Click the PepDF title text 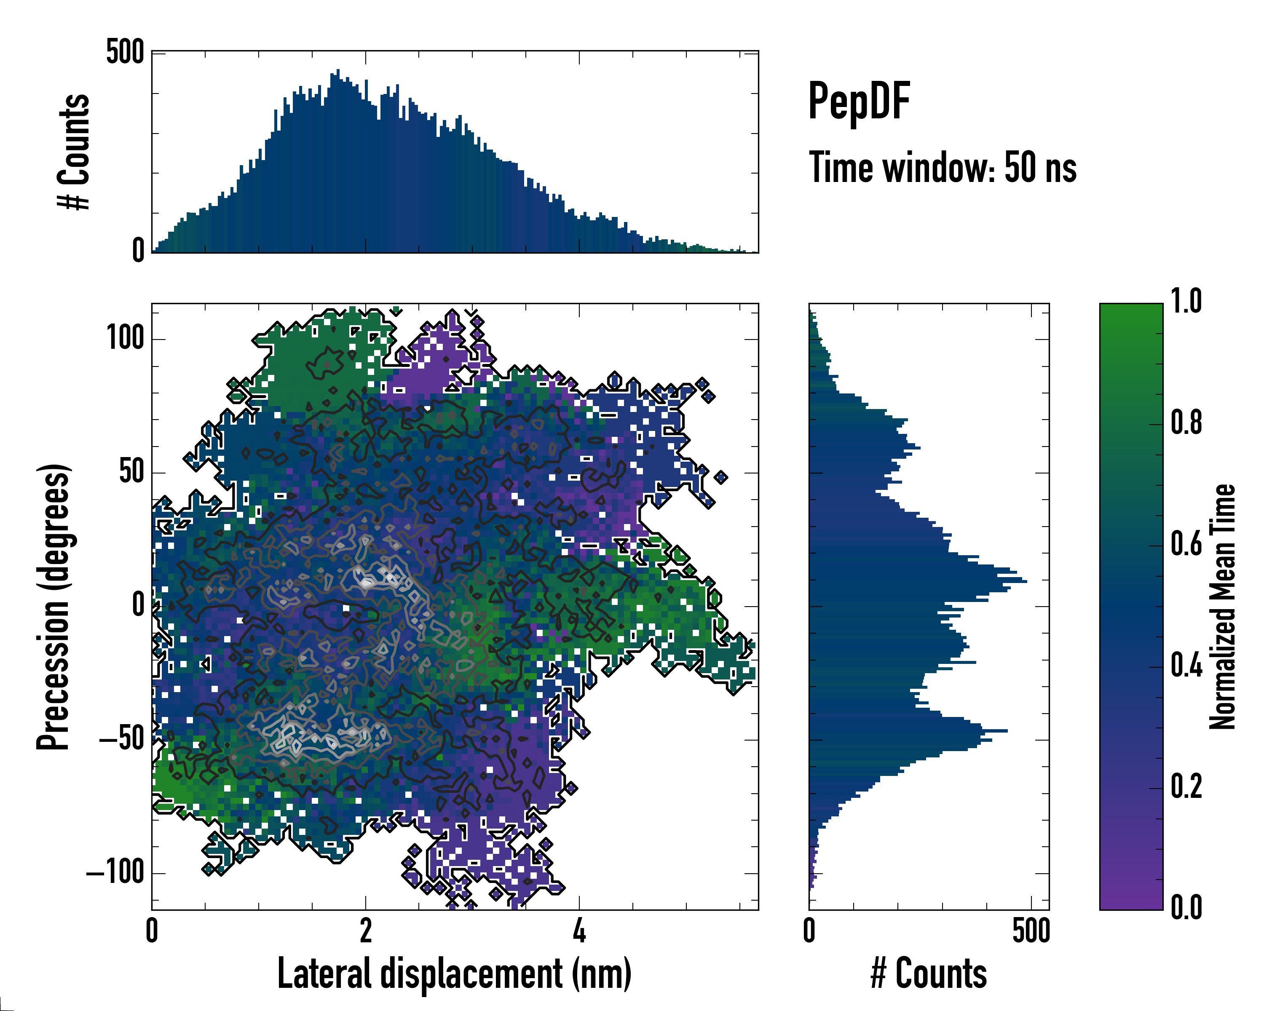coord(858,101)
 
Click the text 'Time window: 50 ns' coord(942,168)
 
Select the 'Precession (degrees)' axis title coord(54,606)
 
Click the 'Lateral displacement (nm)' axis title coord(454,973)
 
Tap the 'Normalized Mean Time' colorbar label coord(1222,606)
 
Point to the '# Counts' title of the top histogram coord(74,151)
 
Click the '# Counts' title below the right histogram coord(929,973)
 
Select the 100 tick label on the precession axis coord(125,338)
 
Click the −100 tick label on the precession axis coord(115,873)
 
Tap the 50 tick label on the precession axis coord(131,472)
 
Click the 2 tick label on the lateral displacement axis coord(365,930)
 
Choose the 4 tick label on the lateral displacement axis coord(579,930)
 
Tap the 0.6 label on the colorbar coord(1186,543)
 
